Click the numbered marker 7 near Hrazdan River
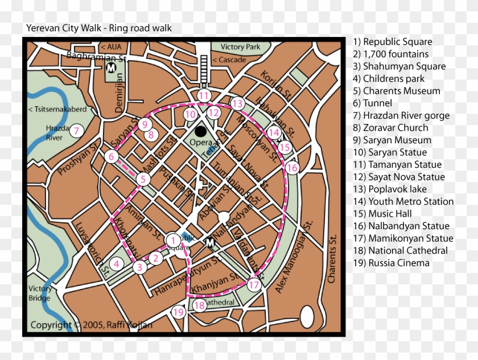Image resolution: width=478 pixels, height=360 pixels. [76, 131]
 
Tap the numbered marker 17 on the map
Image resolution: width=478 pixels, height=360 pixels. [254, 285]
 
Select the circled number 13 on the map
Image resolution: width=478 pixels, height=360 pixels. [237, 104]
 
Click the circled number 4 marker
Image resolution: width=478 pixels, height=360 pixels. [116, 263]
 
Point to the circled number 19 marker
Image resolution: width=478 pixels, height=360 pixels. [179, 312]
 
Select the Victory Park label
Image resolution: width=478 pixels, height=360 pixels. [240, 47]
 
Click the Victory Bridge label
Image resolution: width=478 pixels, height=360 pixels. [40, 293]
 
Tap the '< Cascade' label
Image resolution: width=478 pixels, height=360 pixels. [229, 60]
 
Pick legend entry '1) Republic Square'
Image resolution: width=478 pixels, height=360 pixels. [392, 42]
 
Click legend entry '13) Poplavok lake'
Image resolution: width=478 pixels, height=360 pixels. [390, 189]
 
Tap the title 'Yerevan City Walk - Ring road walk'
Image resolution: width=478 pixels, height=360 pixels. [99, 28]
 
